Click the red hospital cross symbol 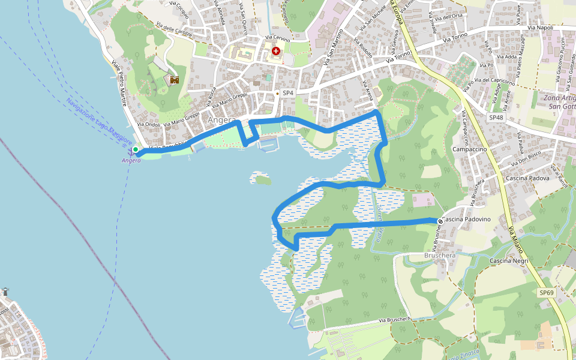click(275, 52)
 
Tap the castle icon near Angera click(175, 79)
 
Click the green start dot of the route click(136, 149)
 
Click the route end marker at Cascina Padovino click(440, 221)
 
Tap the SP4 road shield click(288, 92)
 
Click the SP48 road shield click(496, 118)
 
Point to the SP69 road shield click(546, 292)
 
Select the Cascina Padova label click(527, 178)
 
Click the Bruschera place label click(440, 255)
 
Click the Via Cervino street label click(278, 39)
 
